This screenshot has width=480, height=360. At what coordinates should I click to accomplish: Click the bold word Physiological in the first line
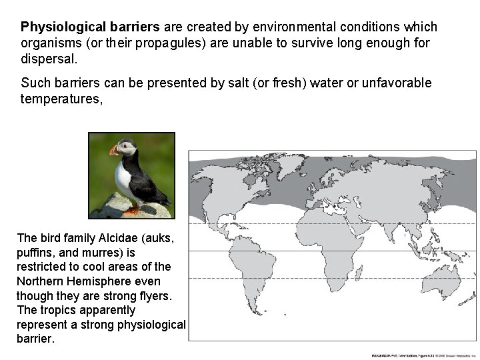tap(57, 27)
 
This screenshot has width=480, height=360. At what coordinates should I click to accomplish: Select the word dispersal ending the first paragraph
tap(49, 59)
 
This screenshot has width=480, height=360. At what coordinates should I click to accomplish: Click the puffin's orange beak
tap(113, 149)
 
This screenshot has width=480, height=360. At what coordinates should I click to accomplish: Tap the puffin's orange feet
tap(131, 211)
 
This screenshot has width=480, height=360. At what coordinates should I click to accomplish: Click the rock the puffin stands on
tap(120, 208)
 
